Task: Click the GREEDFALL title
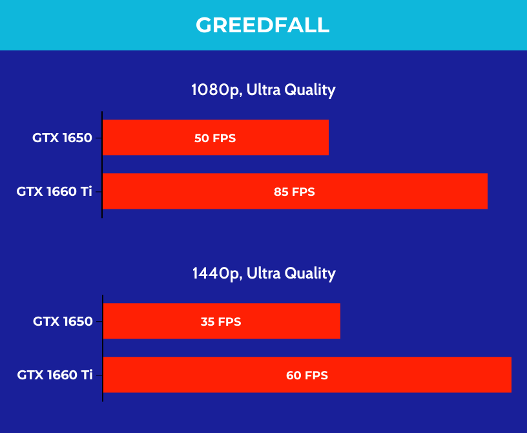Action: pos(262,25)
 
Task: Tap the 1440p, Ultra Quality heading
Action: pos(264,273)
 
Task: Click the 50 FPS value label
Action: pos(215,138)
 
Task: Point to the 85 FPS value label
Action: pos(294,192)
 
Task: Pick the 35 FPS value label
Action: pos(221,322)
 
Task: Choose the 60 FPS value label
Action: pos(307,375)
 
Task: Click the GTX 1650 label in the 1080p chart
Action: pos(62,138)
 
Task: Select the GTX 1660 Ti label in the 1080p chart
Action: pos(54,191)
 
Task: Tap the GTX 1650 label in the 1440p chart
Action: pos(63,321)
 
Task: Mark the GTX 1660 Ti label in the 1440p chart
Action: pos(55,375)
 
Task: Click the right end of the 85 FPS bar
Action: pos(488,191)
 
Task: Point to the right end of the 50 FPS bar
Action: pos(328,137)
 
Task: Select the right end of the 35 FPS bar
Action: pos(340,321)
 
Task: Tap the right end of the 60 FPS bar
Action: pos(512,374)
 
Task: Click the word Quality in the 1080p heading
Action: pos(310,90)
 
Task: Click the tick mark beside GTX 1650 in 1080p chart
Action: pos(98,138)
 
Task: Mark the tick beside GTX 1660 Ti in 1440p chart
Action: pos(99,375)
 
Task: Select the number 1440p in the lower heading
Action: pos(217,274)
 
